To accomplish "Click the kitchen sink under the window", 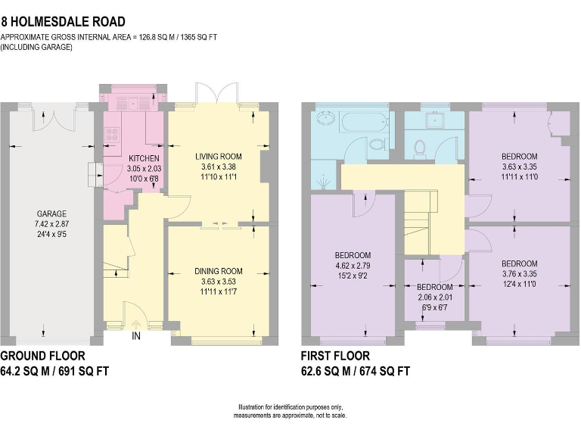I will coord(132,104).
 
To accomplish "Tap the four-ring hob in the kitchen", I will coord(112,135).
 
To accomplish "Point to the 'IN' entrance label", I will coord(136,335).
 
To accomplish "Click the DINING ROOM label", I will coord(218,271).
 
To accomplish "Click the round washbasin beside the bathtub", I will coord(327,119).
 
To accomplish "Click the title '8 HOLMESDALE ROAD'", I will coord(64,23).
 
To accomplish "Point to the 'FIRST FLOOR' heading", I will coord(335,355).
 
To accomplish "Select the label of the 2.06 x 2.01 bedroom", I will coord(434,288).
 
